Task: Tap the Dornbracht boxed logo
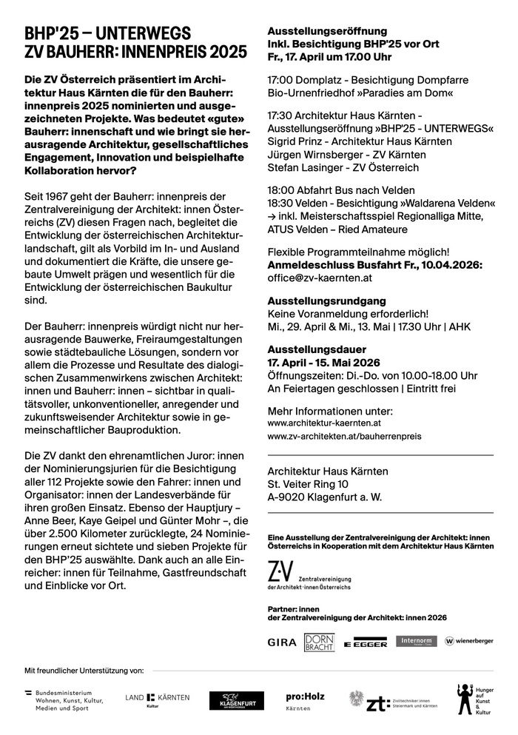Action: coord(319,641)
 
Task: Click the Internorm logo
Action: coord(416,641)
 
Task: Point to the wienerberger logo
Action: coord(469,641)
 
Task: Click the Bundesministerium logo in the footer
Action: coord(67,700)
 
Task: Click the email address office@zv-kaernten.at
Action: coord(320,278)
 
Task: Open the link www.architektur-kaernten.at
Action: coord(324,423)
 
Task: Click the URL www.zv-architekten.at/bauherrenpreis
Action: coord(344,437)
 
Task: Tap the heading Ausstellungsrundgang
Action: coord(316,300)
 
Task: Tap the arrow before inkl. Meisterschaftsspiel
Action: coord(272,215)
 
